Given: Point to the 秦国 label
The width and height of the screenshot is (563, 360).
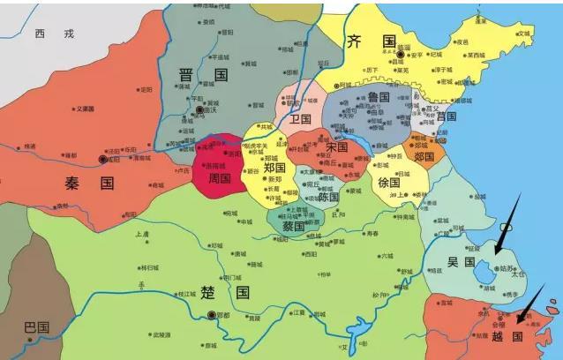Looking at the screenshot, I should [x=90, y=184].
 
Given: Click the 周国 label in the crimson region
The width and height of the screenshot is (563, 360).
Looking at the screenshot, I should [x=218, y=178].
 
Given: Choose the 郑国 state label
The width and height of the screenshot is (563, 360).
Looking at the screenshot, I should [x=274, y=168].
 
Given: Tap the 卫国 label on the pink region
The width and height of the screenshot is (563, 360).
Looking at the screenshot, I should [x=301, y=117].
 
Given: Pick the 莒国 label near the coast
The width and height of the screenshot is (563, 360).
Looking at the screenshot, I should [x=446, y=116].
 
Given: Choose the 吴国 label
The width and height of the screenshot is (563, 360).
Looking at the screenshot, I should [x=461, y=262].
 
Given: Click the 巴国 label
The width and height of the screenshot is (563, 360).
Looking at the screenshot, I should [x=37, y=326].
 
